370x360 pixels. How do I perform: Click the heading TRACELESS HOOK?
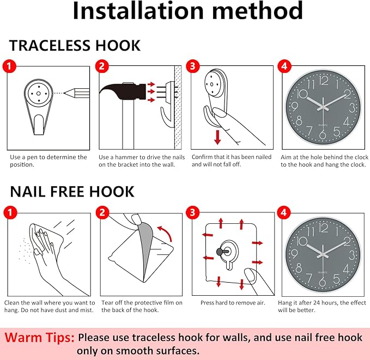pyautogui.click(x=75, y=45)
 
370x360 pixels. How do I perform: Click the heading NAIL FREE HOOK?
pyautogui.click(x=72, y=191)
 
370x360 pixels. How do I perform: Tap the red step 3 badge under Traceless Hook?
pyautogui.click(x=193, y=66)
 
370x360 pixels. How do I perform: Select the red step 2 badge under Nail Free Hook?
pyautogui.click(x=102, y=212)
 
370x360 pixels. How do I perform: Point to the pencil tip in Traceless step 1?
pyautogui.click(x=65, y=93)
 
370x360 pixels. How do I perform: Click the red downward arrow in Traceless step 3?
pyautogui.click(x=217, y=137)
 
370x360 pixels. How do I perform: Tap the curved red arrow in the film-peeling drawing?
pyautogui.click(x=165, y=233)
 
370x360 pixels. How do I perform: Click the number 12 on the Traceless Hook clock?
pyautogui.click(x=324, y=81)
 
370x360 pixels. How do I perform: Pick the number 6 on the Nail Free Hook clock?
pyautogui.click(x=323, y=282)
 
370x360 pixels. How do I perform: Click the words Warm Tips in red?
pyautogui.click(x=39, y=337)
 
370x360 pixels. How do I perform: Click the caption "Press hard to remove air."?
pyautogui.click(x=233, y=303)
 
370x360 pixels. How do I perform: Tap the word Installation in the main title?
pyautogui.click(x=138, y=10)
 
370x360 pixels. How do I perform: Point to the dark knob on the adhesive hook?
pyautogui.click(x=220, y=252)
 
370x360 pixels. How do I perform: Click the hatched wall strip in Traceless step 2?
pyautogui.click(x=178, y=108)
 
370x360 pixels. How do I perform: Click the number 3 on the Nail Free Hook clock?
pyautogui.click(x=351, y=255)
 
